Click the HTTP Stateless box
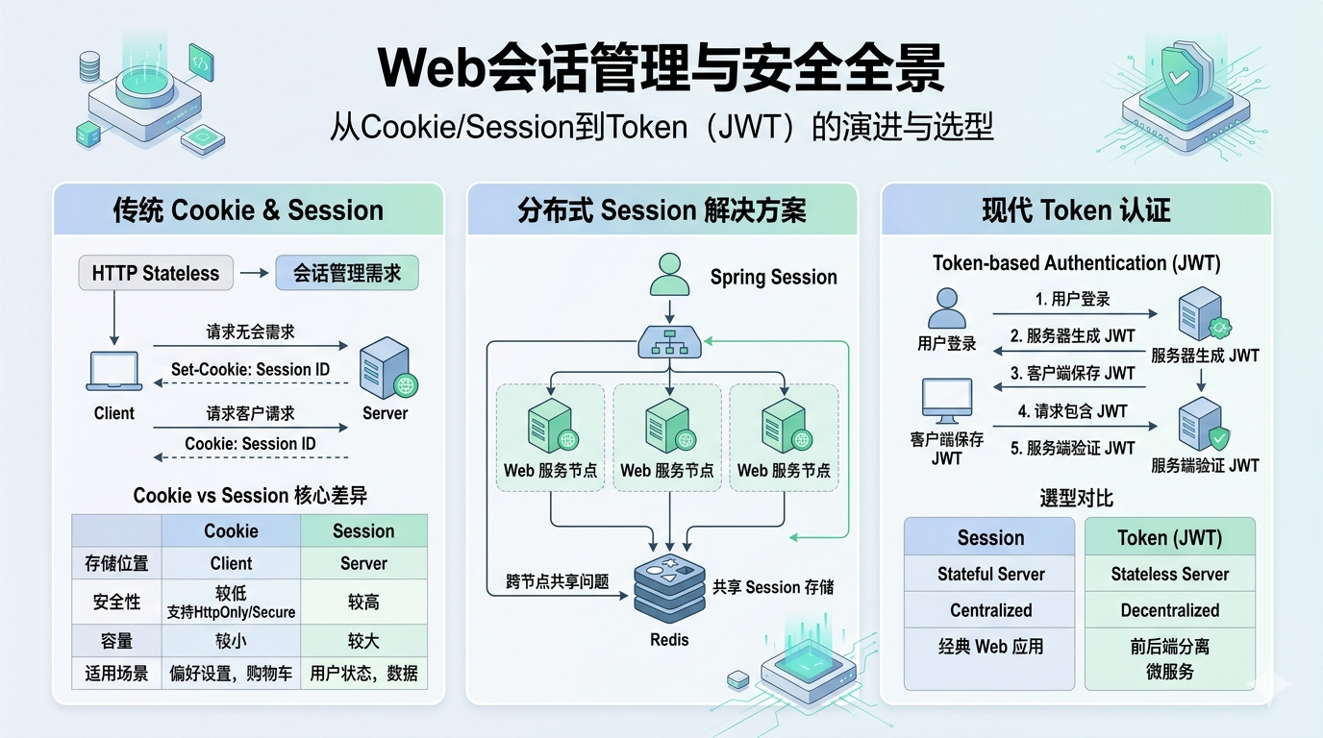point(156,273)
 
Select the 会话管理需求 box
point(347,273)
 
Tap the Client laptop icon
point(114,371)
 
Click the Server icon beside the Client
point(387,368)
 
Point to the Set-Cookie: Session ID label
point(250,370)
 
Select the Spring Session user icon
point(669,275)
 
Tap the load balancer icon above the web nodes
point(669,342)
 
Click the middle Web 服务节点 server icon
point(669,426)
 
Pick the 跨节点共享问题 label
point(557,581)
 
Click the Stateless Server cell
point(1169,574)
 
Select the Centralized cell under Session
point(990,610)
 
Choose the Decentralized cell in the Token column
point(1169,610)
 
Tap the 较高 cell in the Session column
point(363,602)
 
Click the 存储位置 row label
point(116,563)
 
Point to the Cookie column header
point(231,530)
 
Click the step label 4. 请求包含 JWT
point(1072,411)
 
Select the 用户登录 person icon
point(947,308)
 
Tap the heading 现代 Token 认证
point(1076,210)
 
